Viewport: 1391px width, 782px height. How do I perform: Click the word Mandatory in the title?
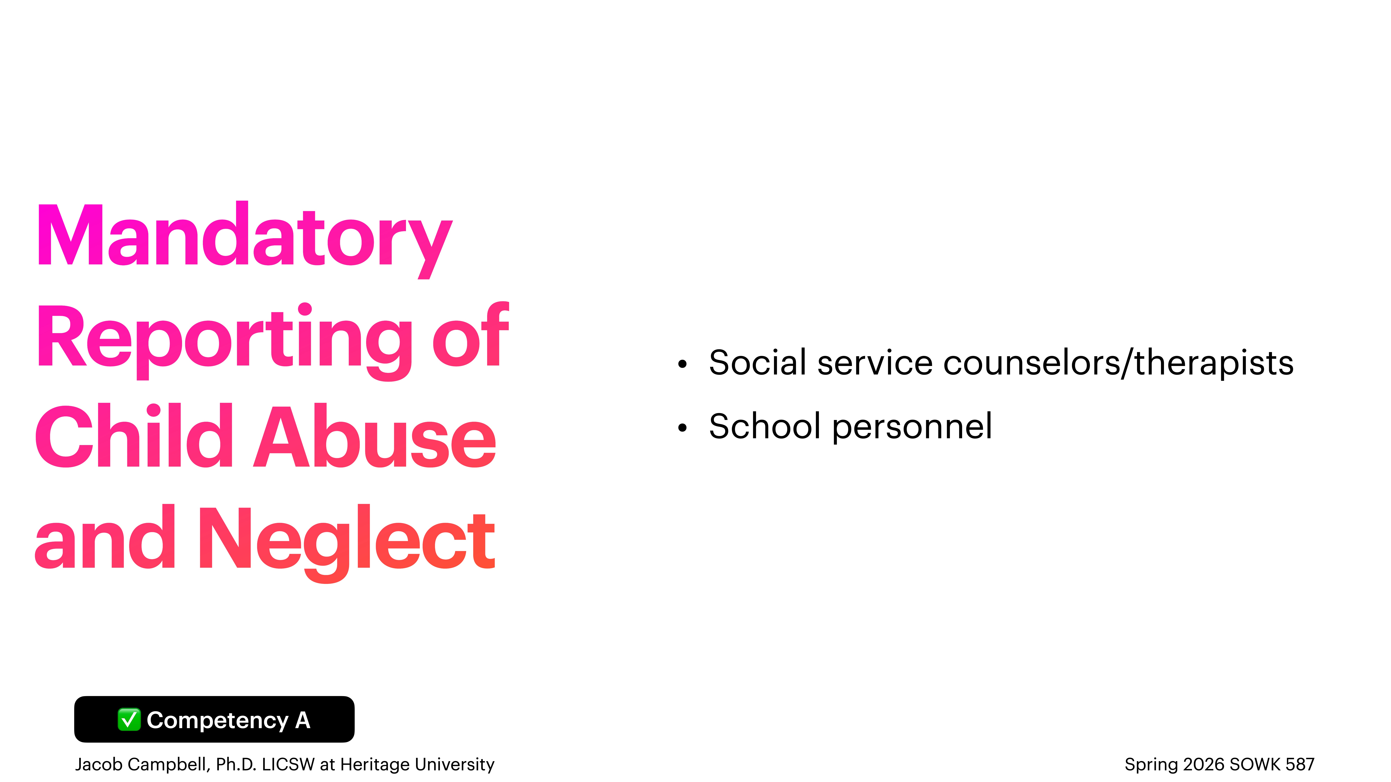[244, 237]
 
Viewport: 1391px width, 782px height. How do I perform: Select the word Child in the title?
[134, 437]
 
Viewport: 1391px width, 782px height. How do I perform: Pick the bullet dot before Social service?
[683, 364]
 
